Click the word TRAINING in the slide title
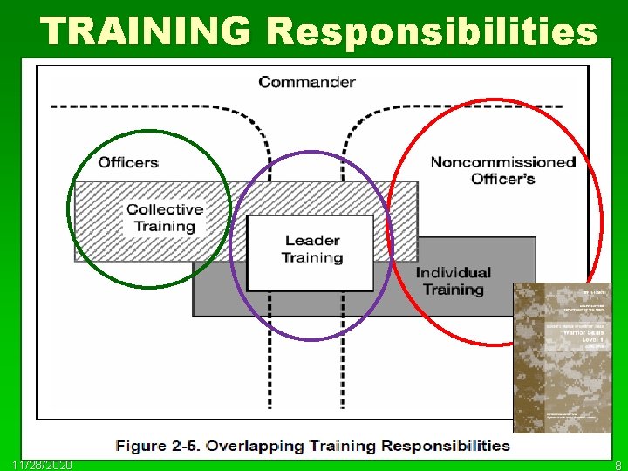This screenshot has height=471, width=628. pos(145,31)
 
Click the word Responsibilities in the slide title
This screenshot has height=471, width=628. pos(433,31)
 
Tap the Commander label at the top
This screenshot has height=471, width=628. pos(307,83)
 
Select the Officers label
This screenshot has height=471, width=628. pos(128,162)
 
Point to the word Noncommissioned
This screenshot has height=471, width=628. pos(503,162)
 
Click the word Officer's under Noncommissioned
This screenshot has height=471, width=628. pos(503,180)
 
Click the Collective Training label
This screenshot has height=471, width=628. pos(164,218)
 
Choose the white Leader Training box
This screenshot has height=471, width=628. pos(311,253)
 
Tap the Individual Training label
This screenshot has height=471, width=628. pos(453,281)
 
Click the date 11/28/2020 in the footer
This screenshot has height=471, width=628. pos(43,464)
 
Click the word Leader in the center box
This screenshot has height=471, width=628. pos(311,241)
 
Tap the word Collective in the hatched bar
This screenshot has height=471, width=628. pos(164,209)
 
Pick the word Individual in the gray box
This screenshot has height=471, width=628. pos(453,273)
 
